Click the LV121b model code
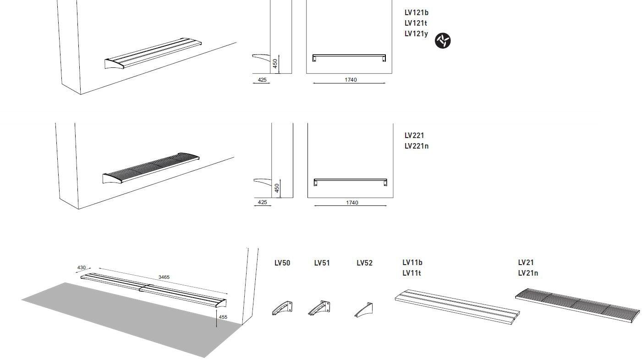(x=417, y=13)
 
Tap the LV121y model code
(x=416, y=34)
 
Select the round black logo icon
(x=443, y=41)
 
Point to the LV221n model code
(x=417, y=146)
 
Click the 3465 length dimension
(x=164, y=277)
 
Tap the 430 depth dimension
(x=82, y=268)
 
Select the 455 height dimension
(x=223, y=317)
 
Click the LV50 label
(x=282, y=263)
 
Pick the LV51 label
(x=322, y=263)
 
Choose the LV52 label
(x=365, y=263)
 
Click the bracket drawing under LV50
(x=283, y=308)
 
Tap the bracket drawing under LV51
(x=319, y=308)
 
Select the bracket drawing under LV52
(x=364, y=310)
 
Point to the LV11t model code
(x=412, y=273)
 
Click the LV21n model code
(x=528, y=273)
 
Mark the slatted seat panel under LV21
(x=577, y=305)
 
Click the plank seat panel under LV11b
(x=457, y=307)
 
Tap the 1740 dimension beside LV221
(x=352, y=203)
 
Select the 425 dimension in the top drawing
(x=262, y=80)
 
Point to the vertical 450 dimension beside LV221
(x=277, y=188)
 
